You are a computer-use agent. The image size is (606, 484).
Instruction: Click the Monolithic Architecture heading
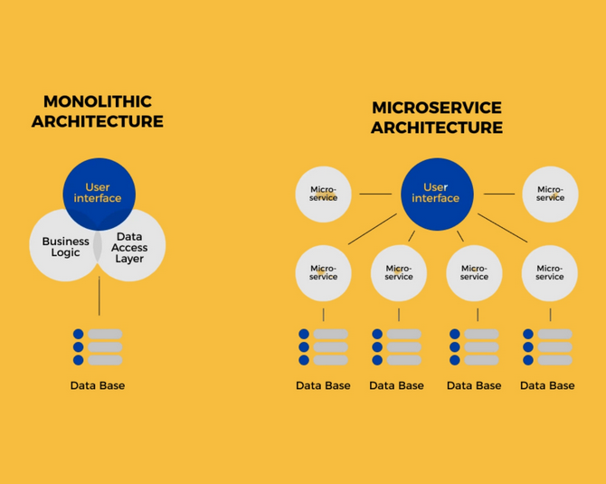98,111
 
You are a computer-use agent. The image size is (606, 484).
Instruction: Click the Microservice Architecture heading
437,118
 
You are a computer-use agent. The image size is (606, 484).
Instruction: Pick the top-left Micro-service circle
324,195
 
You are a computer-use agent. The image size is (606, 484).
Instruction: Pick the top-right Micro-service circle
550,195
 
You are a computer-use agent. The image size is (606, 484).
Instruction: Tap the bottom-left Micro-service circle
324,273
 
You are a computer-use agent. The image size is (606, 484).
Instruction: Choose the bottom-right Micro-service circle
550,273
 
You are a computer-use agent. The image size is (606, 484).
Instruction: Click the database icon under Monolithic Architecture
98,346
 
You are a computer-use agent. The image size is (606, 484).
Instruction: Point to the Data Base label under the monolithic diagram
98,385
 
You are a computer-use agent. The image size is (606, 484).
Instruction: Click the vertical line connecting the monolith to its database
99,296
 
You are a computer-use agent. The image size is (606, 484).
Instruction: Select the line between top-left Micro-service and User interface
375,194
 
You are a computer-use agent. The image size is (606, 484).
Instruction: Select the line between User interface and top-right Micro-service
499,194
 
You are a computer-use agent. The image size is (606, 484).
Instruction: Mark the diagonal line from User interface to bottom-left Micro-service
373,229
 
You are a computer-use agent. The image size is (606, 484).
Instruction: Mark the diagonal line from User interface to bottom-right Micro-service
502,228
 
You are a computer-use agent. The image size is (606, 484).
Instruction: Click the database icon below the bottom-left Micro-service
324,346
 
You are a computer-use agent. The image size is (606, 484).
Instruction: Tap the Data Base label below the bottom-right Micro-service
547,385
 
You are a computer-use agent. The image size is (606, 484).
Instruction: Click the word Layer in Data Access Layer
129,259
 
